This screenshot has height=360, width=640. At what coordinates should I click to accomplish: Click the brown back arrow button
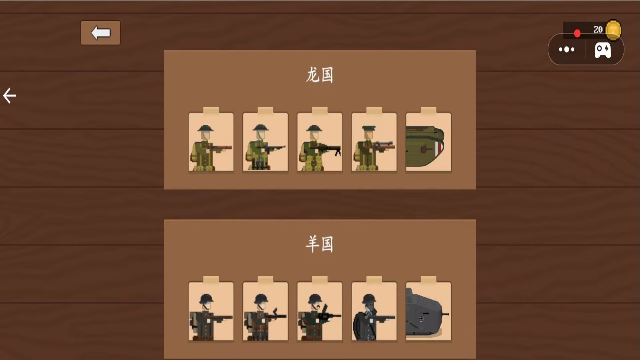click(100, 33)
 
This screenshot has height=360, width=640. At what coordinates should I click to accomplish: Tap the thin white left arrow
click(9, 96)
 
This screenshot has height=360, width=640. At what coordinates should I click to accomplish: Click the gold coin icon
click(613, 30)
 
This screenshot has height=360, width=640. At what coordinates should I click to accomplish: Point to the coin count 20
click(598, 30)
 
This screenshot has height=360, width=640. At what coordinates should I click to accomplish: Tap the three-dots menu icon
click(567, 50)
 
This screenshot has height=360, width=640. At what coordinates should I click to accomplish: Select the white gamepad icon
click(603, 50)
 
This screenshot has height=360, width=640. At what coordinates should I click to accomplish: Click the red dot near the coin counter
click(577, 33)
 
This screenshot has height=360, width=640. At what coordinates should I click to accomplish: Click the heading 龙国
click(319, 75)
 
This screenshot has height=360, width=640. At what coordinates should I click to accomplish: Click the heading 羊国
click(319, 244)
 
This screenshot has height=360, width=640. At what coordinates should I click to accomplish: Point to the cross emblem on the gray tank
click(421, 319)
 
